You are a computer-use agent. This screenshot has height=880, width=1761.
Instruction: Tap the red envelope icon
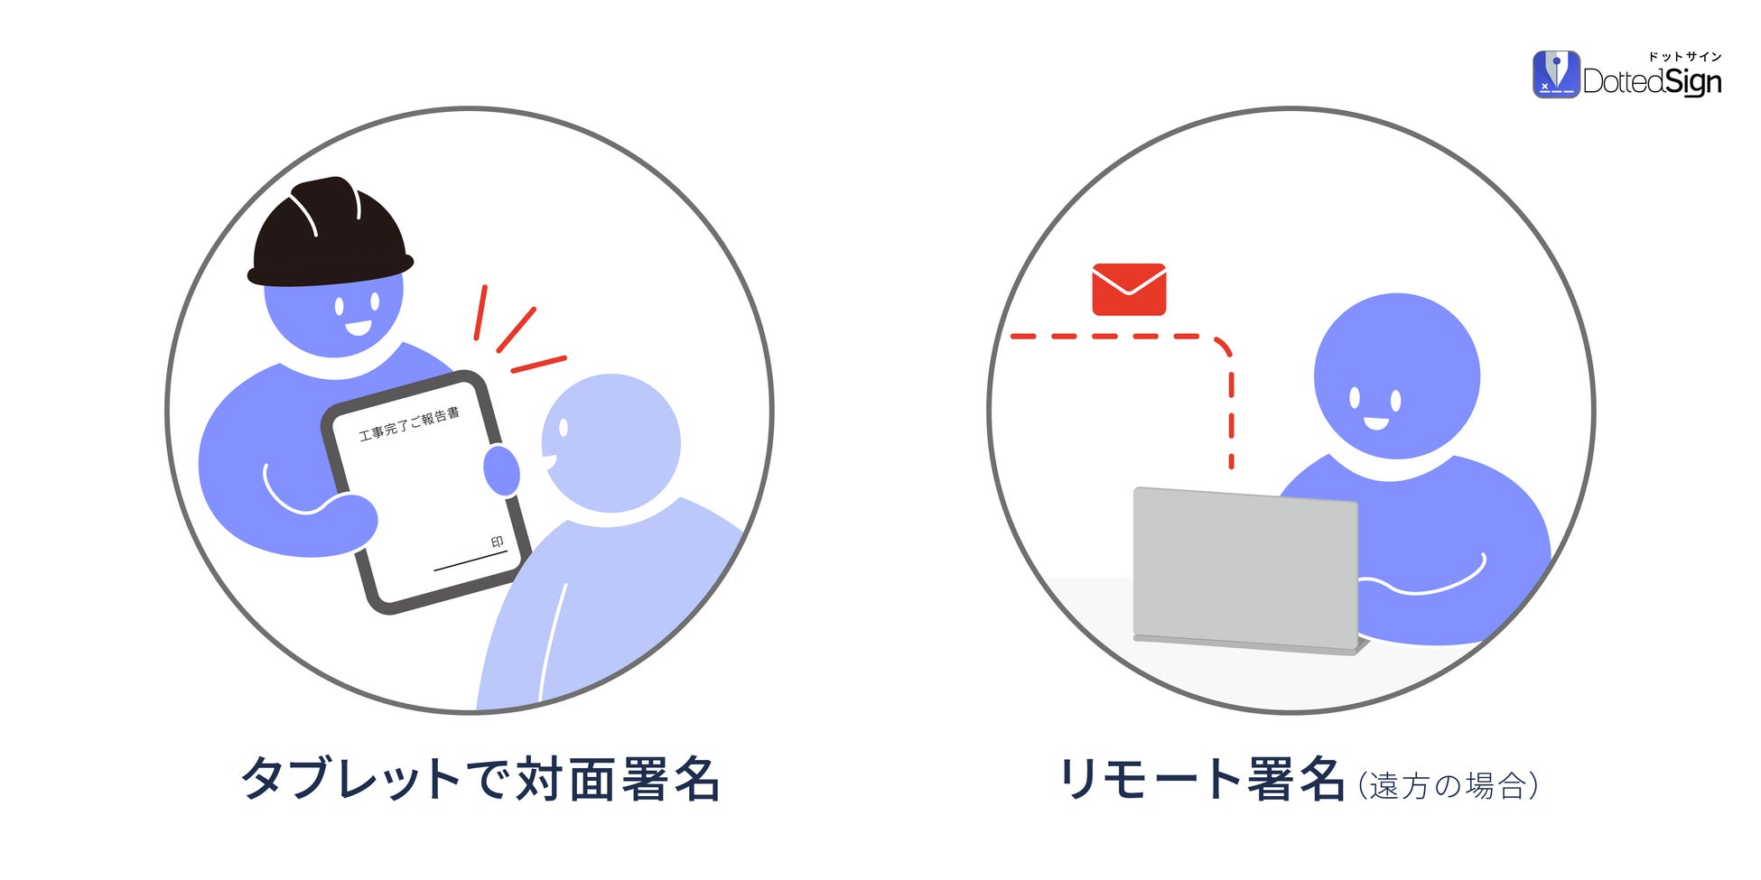1129,290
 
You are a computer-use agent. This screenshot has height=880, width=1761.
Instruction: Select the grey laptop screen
1245,569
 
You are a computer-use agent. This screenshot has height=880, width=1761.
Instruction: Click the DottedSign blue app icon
1555,75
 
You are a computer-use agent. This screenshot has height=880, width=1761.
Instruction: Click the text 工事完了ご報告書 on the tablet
409,423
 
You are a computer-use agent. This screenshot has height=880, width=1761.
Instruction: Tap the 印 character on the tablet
497,542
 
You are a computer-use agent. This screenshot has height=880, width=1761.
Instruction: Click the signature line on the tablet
470,560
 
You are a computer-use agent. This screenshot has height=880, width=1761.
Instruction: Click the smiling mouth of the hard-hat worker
358,327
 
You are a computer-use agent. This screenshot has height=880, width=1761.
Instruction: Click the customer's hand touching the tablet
501,469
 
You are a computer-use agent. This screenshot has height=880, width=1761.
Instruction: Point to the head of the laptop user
1396,375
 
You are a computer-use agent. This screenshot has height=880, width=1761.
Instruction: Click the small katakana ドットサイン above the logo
1685,57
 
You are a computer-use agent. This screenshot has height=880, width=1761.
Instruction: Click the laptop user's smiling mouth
1375,422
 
